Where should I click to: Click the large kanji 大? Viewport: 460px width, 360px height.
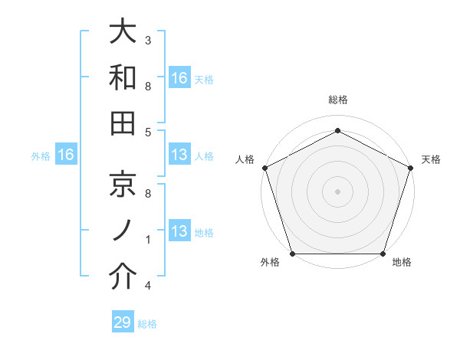(x=123, y=32)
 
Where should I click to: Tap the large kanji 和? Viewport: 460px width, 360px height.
(x=123, y=77)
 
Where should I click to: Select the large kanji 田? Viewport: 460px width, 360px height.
(x=123, y=123)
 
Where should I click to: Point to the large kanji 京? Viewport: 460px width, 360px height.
(x=123, y=183)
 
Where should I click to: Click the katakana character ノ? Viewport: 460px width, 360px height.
(x=123, y=229)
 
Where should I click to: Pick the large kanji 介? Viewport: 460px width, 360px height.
(x=123, y=275)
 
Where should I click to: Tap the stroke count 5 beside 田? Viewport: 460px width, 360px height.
(x=148, y=132)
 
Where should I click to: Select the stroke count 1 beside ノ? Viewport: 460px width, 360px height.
(x=148, y=239)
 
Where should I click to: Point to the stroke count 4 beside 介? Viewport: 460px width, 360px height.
(x=148, y=285)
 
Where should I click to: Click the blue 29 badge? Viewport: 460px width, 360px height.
(x=123, y=322)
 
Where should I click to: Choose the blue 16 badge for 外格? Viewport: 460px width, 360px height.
(x=66, y=155)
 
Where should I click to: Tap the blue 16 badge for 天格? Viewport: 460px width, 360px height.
(x=179, y=77)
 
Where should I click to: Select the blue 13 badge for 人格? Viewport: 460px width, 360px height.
(x=179, y=155)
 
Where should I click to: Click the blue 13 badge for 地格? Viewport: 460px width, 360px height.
(x=179, y=231)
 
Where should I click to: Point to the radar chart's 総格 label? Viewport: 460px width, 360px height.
(x=337, y=100)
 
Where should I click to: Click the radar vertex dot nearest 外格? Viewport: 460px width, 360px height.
(x=292, y=254)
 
